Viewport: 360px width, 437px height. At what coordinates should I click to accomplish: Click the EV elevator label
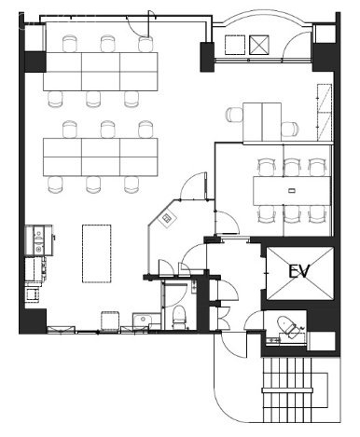click(x=299, y=271)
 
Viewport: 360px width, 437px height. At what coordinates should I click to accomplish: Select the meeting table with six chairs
click(x=290, y=191)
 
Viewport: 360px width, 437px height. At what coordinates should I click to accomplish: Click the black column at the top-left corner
click(x=34, y=61)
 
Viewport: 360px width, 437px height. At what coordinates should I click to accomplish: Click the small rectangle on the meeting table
click(x=292, y=191)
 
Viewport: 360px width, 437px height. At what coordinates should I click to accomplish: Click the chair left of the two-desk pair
click(x=234, y=116)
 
